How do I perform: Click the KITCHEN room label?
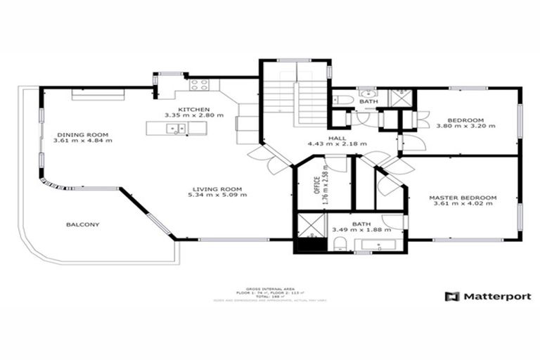click(x=193, y=109)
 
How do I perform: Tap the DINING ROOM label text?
click(x=82, y=134)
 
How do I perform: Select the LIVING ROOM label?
click(x=217, y=188)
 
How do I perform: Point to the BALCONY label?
click(x=82, y=224)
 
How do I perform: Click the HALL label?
click(x=337, y=139)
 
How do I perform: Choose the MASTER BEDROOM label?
click(x=463, y=198)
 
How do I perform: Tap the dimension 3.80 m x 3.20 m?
click(x=465, y=126)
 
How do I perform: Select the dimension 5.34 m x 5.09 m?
click(x=217, y=195)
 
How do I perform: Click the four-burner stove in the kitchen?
click(x=199, y=85)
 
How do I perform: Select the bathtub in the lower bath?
click(x=378, y=245)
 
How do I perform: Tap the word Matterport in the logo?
click(x=496, y=296)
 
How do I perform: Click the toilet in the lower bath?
click(x=339, y=244)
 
